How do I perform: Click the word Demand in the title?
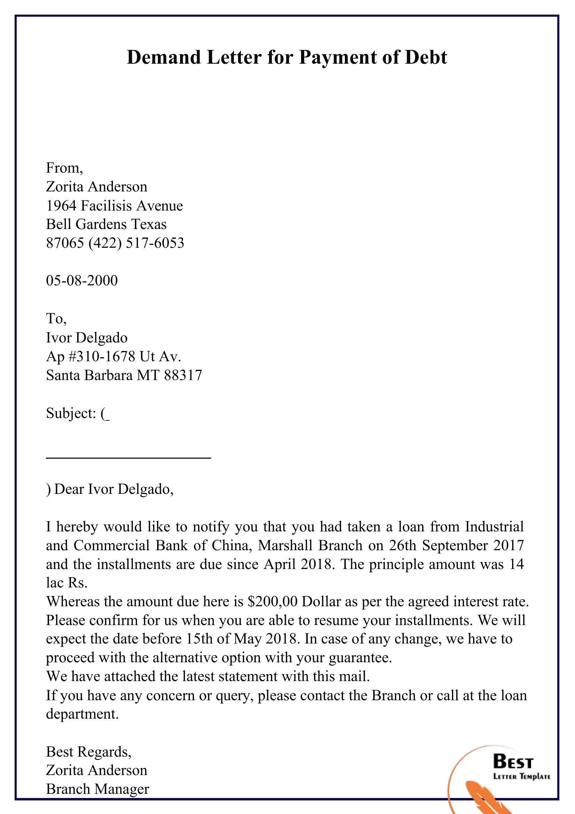tap(164, 57)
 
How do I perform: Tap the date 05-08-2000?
tap(82, 280)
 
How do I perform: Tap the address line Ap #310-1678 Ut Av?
tap(114, 356)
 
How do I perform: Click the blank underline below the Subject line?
tap(128, 458)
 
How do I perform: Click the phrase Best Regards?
tap(89, 752)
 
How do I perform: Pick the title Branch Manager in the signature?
tap(97, 789)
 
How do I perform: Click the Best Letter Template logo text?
tap(521, 768)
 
